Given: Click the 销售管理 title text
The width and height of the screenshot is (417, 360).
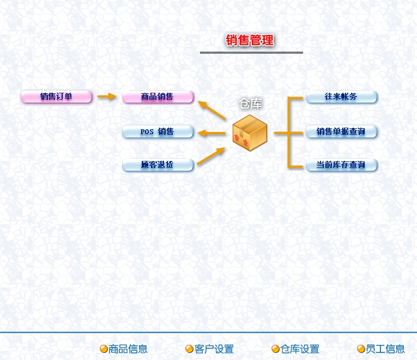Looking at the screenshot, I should [250, 40].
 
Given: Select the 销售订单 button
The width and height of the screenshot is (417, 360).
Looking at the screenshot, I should [56, 97].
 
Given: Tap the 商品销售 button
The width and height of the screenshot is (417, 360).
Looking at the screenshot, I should [158, 97].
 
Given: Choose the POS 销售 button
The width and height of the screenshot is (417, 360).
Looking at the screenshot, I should [158, 131].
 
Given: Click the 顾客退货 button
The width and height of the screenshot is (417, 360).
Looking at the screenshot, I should [158, 165].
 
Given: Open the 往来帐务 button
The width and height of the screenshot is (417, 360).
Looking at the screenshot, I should [341, 97].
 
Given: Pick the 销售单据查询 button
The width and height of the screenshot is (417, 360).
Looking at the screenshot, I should [341, 131].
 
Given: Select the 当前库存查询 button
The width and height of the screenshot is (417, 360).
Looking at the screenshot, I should [341, 165].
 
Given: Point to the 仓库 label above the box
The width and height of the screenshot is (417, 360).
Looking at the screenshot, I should [251, 104].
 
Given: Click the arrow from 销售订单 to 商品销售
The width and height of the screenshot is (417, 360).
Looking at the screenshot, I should [107, 97].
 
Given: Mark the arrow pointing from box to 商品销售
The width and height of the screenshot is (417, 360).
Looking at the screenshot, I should [211, 110].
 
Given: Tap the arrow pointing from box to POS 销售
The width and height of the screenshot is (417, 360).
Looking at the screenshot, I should [211, 133].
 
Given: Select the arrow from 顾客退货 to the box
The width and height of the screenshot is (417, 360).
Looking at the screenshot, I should [210, 156].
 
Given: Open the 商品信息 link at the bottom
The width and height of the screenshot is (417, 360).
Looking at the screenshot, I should [128, 349].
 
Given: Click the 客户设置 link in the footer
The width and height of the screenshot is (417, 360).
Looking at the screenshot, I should [214, 349].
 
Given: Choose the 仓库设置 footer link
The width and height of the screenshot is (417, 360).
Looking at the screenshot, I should [300, 349].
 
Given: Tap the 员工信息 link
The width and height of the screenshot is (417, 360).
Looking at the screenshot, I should [385, 349].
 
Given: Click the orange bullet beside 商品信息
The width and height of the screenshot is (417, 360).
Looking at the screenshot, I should [104, 349].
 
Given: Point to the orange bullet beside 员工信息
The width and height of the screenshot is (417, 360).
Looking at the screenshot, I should [361, 349].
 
